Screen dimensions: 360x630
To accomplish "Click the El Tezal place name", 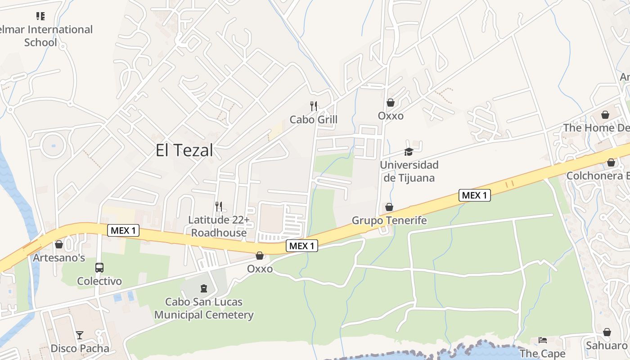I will [184, 150].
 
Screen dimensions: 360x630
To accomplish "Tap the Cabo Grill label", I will [313, 120].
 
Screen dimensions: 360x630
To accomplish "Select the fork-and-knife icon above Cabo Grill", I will [314, 106].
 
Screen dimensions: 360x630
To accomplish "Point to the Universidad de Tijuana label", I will [409, 171].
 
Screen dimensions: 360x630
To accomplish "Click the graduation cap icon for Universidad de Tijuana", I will [409, 152].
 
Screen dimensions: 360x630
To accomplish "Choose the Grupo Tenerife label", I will [389, 220].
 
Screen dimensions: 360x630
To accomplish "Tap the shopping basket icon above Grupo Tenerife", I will [389, 207].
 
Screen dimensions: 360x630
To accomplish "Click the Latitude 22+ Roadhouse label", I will [219, 226].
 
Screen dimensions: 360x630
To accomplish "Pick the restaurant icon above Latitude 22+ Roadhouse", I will [219, 207].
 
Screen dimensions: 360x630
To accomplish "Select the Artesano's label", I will [59, 258].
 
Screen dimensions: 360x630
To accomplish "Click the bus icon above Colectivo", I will [99, 268].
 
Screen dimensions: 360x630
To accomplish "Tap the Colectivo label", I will [99, 281].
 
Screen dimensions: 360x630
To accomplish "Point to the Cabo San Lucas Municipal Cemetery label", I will [204, 308].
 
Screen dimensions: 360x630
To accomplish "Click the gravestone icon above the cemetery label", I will [204, 288].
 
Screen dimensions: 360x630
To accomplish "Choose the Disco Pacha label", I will [80, 348].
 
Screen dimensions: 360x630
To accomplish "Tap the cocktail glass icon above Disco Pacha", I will [80, 335].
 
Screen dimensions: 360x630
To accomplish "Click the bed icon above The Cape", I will [543, 340].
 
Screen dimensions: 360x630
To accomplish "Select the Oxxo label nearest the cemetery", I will [260, 269].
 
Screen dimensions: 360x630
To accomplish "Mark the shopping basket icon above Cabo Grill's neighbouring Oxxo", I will [391, 103].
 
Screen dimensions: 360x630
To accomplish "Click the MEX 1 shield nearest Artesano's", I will [123, 231].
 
